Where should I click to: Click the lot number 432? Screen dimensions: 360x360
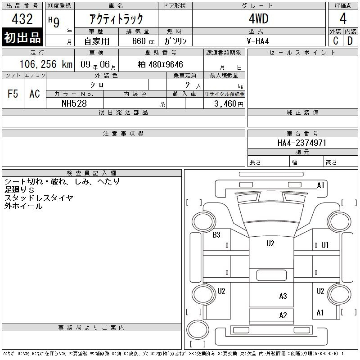(22, 19)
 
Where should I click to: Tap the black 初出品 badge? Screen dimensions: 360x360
(22, 37)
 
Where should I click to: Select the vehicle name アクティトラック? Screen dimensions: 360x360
(116, 19)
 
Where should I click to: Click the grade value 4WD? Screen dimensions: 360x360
(258, 19)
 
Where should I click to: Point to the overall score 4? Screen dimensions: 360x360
(343, 18)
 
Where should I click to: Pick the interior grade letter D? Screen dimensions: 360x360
(350, 41)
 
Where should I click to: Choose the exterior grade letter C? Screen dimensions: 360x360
(335, 41)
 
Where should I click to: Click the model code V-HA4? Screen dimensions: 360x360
(258, 41)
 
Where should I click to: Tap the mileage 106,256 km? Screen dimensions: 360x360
(46, 64)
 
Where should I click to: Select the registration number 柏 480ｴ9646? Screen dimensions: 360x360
(161, 64)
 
